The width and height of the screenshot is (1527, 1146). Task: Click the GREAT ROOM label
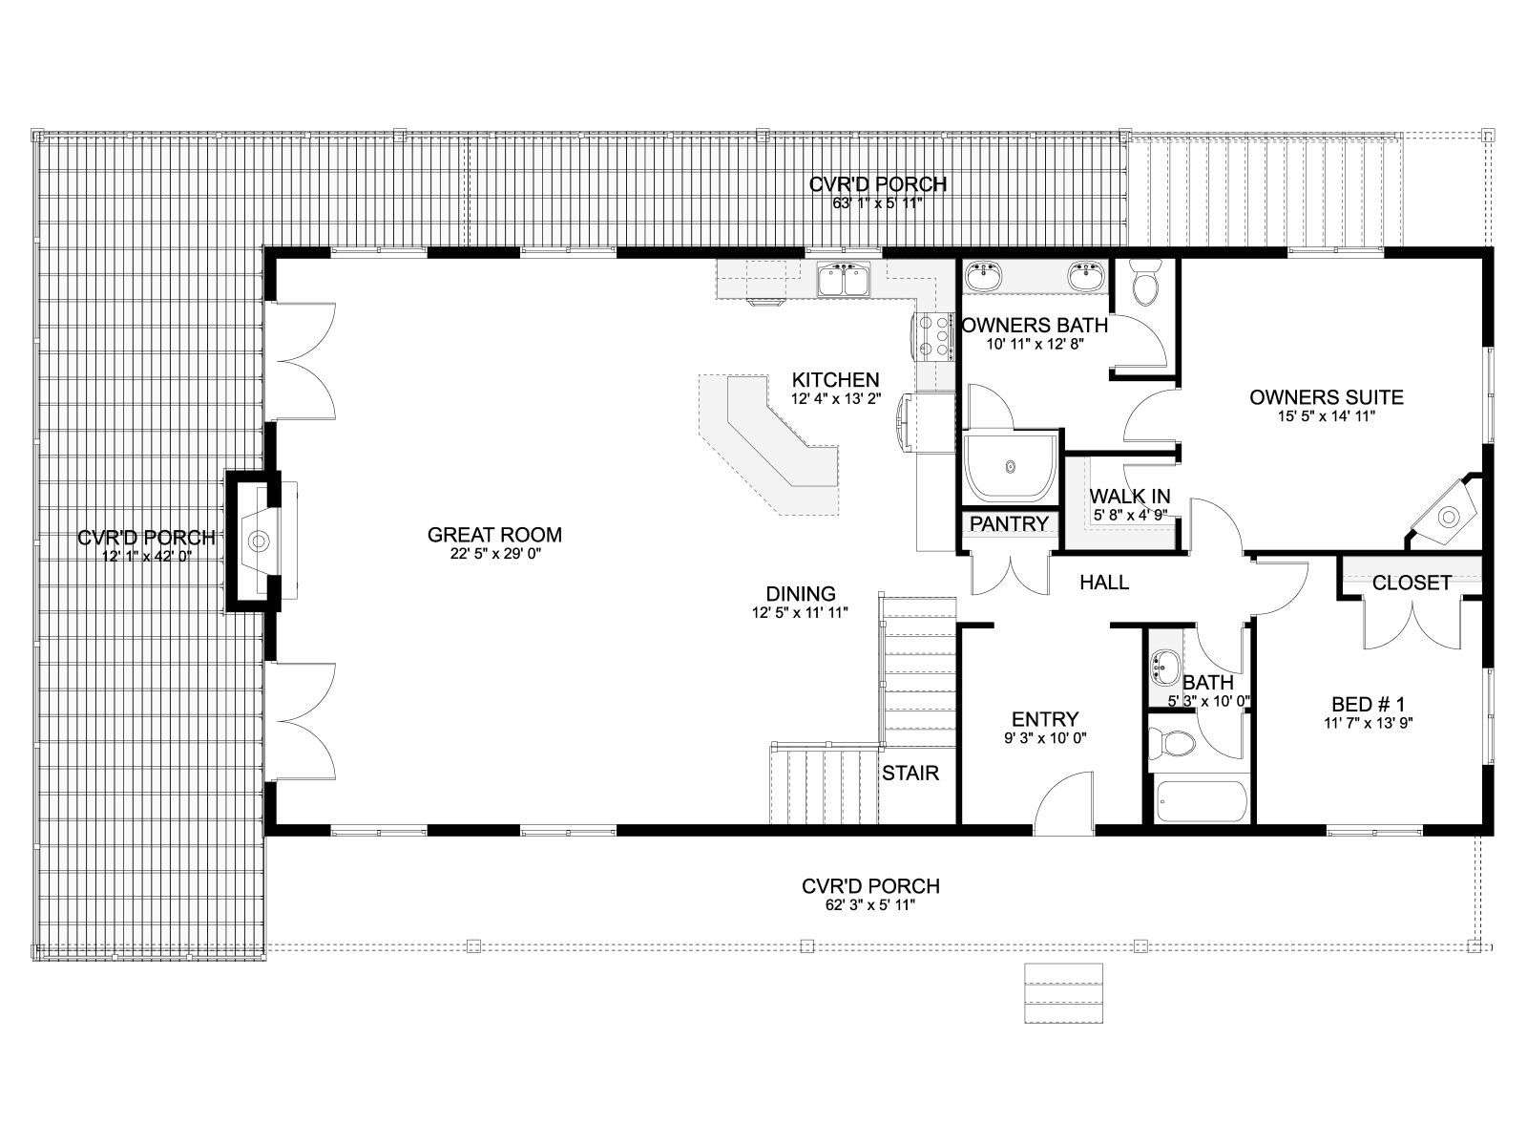point(494,535)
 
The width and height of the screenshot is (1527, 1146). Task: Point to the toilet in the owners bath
point(1144,282)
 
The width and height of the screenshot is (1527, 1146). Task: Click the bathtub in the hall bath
point(1201,801)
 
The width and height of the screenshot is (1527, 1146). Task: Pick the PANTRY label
point(1009,524)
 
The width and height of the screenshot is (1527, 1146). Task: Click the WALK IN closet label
point(1129,496)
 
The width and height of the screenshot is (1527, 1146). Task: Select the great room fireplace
point(260,540)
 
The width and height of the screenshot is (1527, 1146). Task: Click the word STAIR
point(910,773)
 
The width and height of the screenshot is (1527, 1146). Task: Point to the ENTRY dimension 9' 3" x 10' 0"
point(1045,737)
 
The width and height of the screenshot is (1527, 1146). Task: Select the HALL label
point(1104,582)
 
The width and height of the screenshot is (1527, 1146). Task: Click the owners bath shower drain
point(1010,467)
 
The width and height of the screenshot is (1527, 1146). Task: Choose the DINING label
point(800,593)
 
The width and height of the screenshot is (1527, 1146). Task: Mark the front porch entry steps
point(1064,993)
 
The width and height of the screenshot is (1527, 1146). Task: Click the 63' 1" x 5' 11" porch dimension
point(877,203)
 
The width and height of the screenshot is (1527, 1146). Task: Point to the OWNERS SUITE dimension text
point(1326,416)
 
